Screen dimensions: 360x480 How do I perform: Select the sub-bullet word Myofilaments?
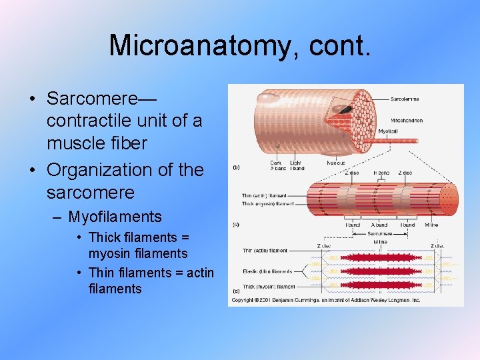click(115, 217)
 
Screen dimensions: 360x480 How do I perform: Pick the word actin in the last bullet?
click(199, 272)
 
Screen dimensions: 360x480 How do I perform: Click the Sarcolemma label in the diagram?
click(405, 99)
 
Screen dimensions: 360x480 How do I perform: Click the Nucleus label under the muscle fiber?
click(335, 162)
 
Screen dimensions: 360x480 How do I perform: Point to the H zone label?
click(380, 173)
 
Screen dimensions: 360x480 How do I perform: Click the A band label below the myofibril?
click(379, 225)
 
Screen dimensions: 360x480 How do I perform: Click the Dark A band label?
click(276, 165)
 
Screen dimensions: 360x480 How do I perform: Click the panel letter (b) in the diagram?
click(235, 168)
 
